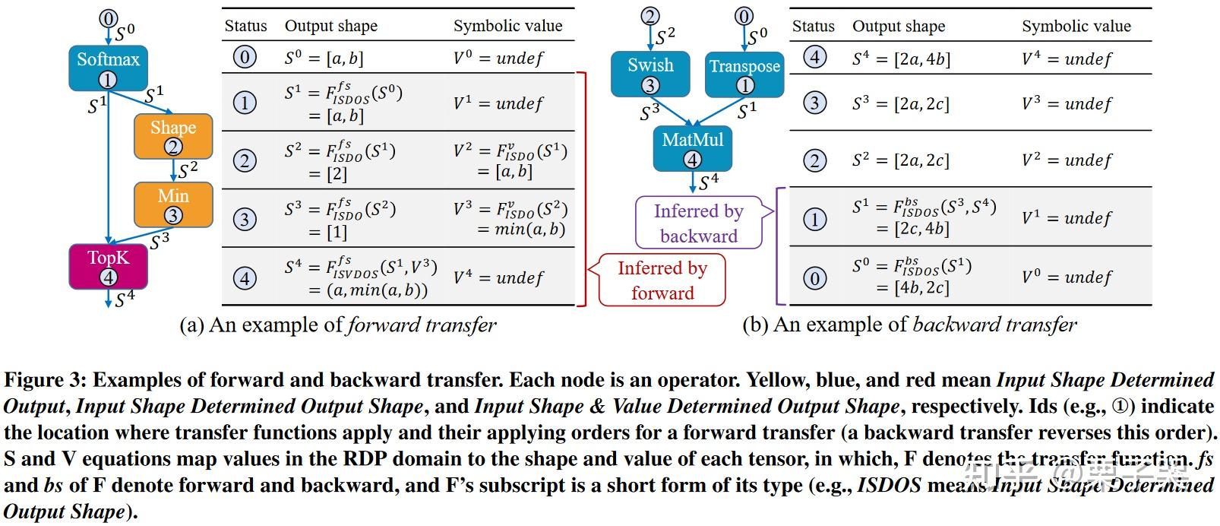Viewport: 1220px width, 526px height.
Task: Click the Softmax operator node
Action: click(108, 67)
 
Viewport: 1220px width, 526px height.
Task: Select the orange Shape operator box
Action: click(173, 136)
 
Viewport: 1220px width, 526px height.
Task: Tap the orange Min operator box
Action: click(173, 204)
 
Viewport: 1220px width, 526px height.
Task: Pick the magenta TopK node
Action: click(108, 266)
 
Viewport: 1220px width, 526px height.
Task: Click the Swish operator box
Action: click(650, 74)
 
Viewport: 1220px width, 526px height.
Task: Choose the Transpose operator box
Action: click(744, 74)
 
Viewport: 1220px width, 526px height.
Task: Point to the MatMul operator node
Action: click(693, 148)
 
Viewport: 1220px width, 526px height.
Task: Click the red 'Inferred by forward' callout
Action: click(662, 280)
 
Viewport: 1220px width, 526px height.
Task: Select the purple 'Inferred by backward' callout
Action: click(699, 223)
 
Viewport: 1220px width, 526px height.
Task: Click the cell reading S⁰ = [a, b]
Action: click(324, 58)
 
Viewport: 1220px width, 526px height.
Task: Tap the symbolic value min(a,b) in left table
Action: click(521, 229)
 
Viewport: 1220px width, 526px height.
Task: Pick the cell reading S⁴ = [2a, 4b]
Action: click(901, 59)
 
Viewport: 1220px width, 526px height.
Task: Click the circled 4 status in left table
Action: click(245, 278)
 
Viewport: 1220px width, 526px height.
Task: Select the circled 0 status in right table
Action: click(814, 278)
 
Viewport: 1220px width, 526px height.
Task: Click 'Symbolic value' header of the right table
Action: click(1076, 27)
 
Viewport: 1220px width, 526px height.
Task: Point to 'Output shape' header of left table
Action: click(331, 27)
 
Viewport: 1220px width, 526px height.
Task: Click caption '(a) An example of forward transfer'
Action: click(337, 325)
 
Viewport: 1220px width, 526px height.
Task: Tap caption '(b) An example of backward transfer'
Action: click(909, 325)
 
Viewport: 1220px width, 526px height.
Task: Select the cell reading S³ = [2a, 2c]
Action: click(901, 103)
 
